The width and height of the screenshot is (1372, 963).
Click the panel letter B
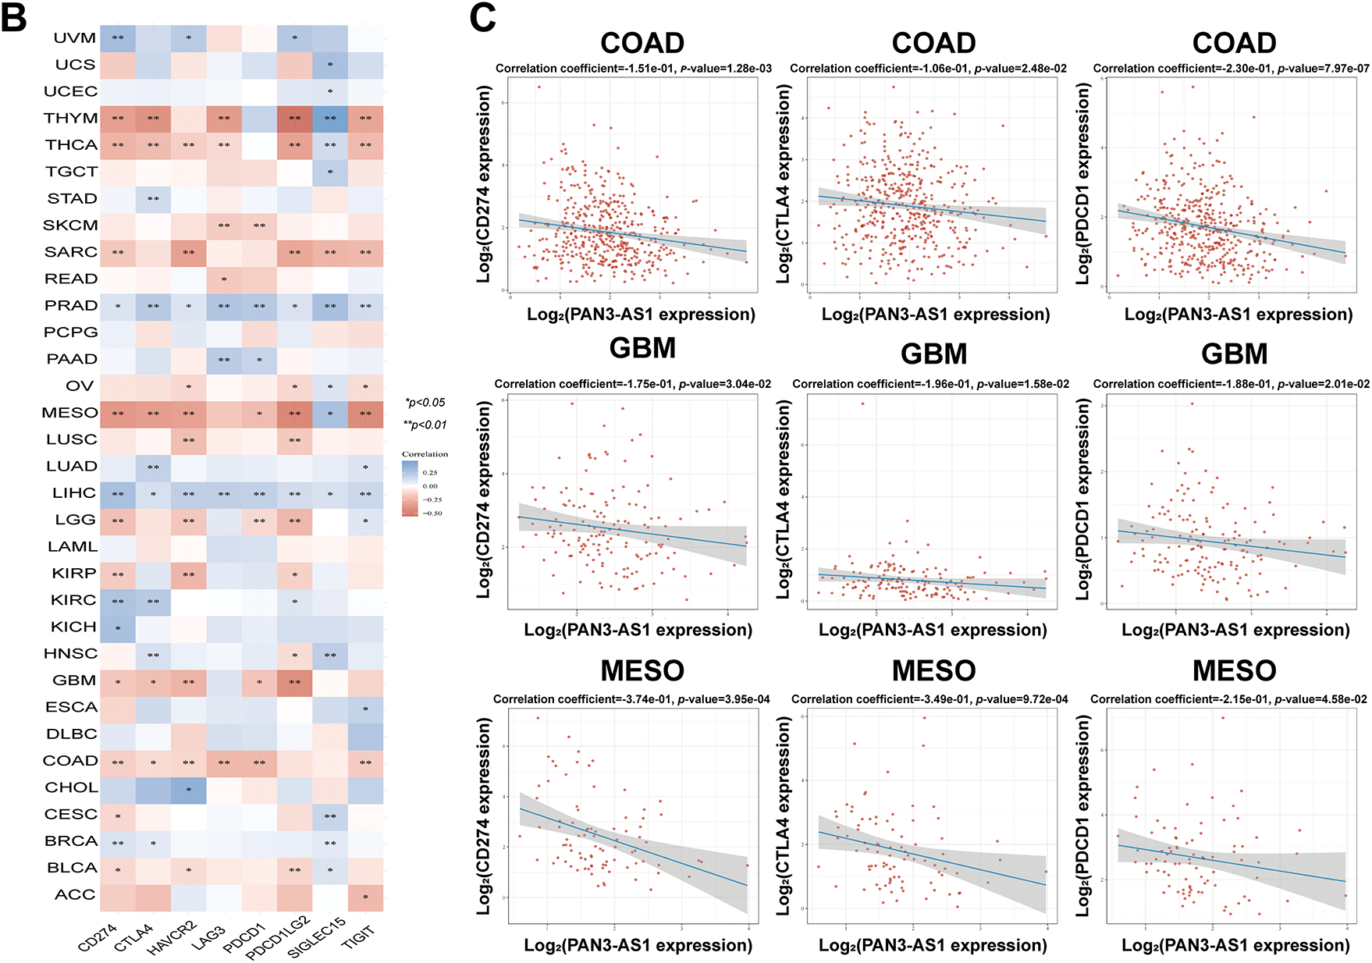coord(14,17)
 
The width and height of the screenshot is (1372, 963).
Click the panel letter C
coord(482,17)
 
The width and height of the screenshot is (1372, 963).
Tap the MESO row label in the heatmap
coord(69,412)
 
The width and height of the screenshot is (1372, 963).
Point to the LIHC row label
coord(74,492)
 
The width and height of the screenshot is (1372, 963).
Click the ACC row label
coord(75,894)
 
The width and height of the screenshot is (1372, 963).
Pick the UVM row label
coord(75,37)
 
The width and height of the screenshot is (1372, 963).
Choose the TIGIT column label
coord(358,936)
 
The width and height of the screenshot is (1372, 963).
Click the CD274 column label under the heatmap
coord(98,937)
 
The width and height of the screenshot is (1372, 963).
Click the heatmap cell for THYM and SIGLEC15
coord(330,118)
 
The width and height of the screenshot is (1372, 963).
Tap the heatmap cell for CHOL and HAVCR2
coord(189,789)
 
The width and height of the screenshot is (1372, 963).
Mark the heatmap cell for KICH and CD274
coord(118,628)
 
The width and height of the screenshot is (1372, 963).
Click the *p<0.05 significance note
coord(425,403)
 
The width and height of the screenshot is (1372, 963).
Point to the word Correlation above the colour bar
coord(425,453)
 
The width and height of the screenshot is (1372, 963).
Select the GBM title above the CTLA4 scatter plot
coord(933,354)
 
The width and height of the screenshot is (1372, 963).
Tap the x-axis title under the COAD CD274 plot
coord(641,314)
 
